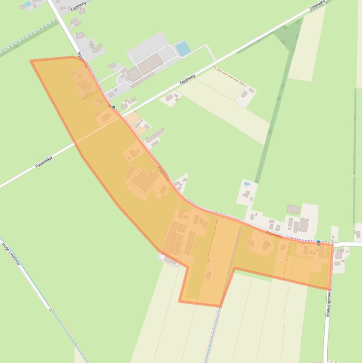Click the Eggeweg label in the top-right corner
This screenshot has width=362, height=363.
click(x=318, y=5)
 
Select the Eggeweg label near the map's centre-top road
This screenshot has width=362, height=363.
click(x=187, y=80)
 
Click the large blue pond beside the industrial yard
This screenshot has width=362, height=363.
click(x=182, y=48)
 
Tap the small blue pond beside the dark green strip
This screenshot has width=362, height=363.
click(x=247, y=183)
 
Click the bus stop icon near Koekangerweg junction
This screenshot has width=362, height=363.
click(x=319, y=242)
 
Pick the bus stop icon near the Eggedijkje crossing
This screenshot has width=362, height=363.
click(x=113, y=107)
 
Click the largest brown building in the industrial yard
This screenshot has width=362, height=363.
click(x=150, y=63)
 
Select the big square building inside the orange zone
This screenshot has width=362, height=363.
click(x=142, y=181)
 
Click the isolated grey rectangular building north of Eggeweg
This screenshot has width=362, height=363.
click(x=293, y=209)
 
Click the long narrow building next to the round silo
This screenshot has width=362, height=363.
click(x=190, y=242)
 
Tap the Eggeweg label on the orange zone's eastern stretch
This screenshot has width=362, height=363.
click(x=274, y=233)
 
